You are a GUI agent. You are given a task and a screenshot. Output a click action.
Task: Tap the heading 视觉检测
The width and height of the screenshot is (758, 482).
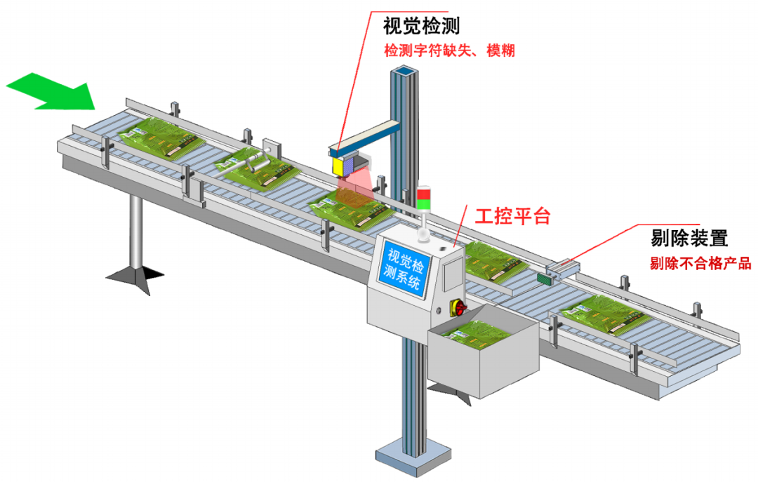[x=422, y=27]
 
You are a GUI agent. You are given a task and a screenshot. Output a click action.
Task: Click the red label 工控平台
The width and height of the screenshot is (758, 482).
[x=512, y=215]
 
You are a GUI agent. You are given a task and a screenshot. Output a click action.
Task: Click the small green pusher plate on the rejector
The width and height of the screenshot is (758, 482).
[x=544, y=279]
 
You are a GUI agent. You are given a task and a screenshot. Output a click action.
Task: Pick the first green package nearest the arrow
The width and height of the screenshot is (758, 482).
[x=159, y=135]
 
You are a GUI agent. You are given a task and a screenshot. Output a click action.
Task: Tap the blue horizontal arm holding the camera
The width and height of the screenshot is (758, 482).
[x=365, y=137]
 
